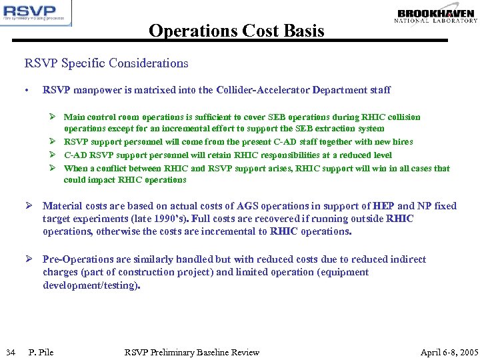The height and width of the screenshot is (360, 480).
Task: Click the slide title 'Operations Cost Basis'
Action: coord(237,31)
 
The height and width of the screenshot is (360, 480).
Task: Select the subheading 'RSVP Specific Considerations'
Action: coord(107,63)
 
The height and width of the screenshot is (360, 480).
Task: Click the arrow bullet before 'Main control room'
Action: coord(55,117)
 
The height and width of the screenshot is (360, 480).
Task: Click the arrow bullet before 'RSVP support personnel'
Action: coord(55,141)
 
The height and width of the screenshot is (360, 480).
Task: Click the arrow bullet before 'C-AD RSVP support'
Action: coord(55,155)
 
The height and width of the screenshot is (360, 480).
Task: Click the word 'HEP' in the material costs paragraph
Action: coord(383,206)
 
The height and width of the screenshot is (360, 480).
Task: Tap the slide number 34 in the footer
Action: coord(9,352)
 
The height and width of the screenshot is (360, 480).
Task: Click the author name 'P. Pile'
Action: coord(41,352)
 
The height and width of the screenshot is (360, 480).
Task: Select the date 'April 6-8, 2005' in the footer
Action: coord(449,352)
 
